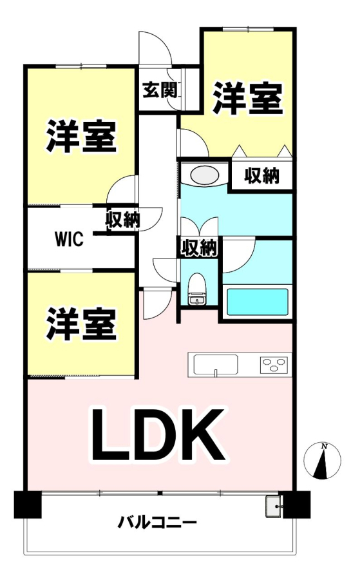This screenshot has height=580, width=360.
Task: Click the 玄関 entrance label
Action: coord(160,90)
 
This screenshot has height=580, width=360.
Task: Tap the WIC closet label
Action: coord(69,239)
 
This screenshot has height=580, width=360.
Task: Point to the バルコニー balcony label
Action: coord(157,523)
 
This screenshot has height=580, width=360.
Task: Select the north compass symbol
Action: coord(322,461)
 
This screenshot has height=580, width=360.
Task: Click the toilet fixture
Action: coord(197,289)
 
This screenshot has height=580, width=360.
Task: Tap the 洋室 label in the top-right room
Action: coord(248,98)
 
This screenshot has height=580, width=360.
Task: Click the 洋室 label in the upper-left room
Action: coord(81,136)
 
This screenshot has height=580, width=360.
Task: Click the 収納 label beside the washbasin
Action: coord(261,176)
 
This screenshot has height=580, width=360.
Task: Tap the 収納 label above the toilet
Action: coord(199,247)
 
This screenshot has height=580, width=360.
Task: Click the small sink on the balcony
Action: coord(274,506)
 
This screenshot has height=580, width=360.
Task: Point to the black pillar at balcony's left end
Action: coord(27,504)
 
